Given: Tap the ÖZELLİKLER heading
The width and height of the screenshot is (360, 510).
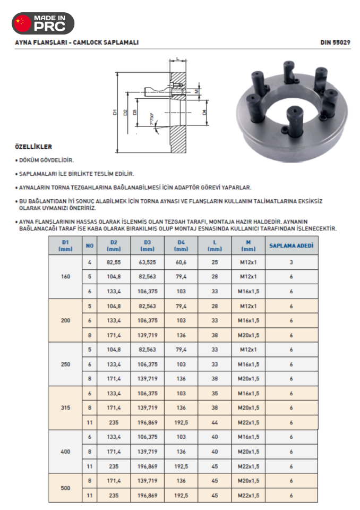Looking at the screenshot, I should pos(33,147).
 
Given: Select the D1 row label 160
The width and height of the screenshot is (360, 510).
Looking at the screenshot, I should pos(65,277).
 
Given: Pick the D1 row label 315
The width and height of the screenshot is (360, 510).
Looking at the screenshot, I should pos(65,407).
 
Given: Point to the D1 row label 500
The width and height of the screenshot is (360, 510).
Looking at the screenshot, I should pos(65,488).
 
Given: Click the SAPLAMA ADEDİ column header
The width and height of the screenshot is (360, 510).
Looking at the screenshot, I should pos(292,246).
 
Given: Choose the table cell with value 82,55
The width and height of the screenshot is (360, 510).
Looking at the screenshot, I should pos(114,262).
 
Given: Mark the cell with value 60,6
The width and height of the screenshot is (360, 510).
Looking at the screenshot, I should pos(181,262).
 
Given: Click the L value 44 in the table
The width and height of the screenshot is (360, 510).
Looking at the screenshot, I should pos(215,422).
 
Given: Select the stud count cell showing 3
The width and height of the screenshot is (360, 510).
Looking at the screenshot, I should pos(292,262).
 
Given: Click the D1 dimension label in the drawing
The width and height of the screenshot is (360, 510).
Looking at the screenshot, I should pos(115,112).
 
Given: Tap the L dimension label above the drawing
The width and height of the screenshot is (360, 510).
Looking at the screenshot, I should pos(177,58).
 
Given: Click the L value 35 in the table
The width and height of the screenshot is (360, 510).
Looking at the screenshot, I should pos(215,393).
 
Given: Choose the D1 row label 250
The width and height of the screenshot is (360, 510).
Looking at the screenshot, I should pos(65,364).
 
